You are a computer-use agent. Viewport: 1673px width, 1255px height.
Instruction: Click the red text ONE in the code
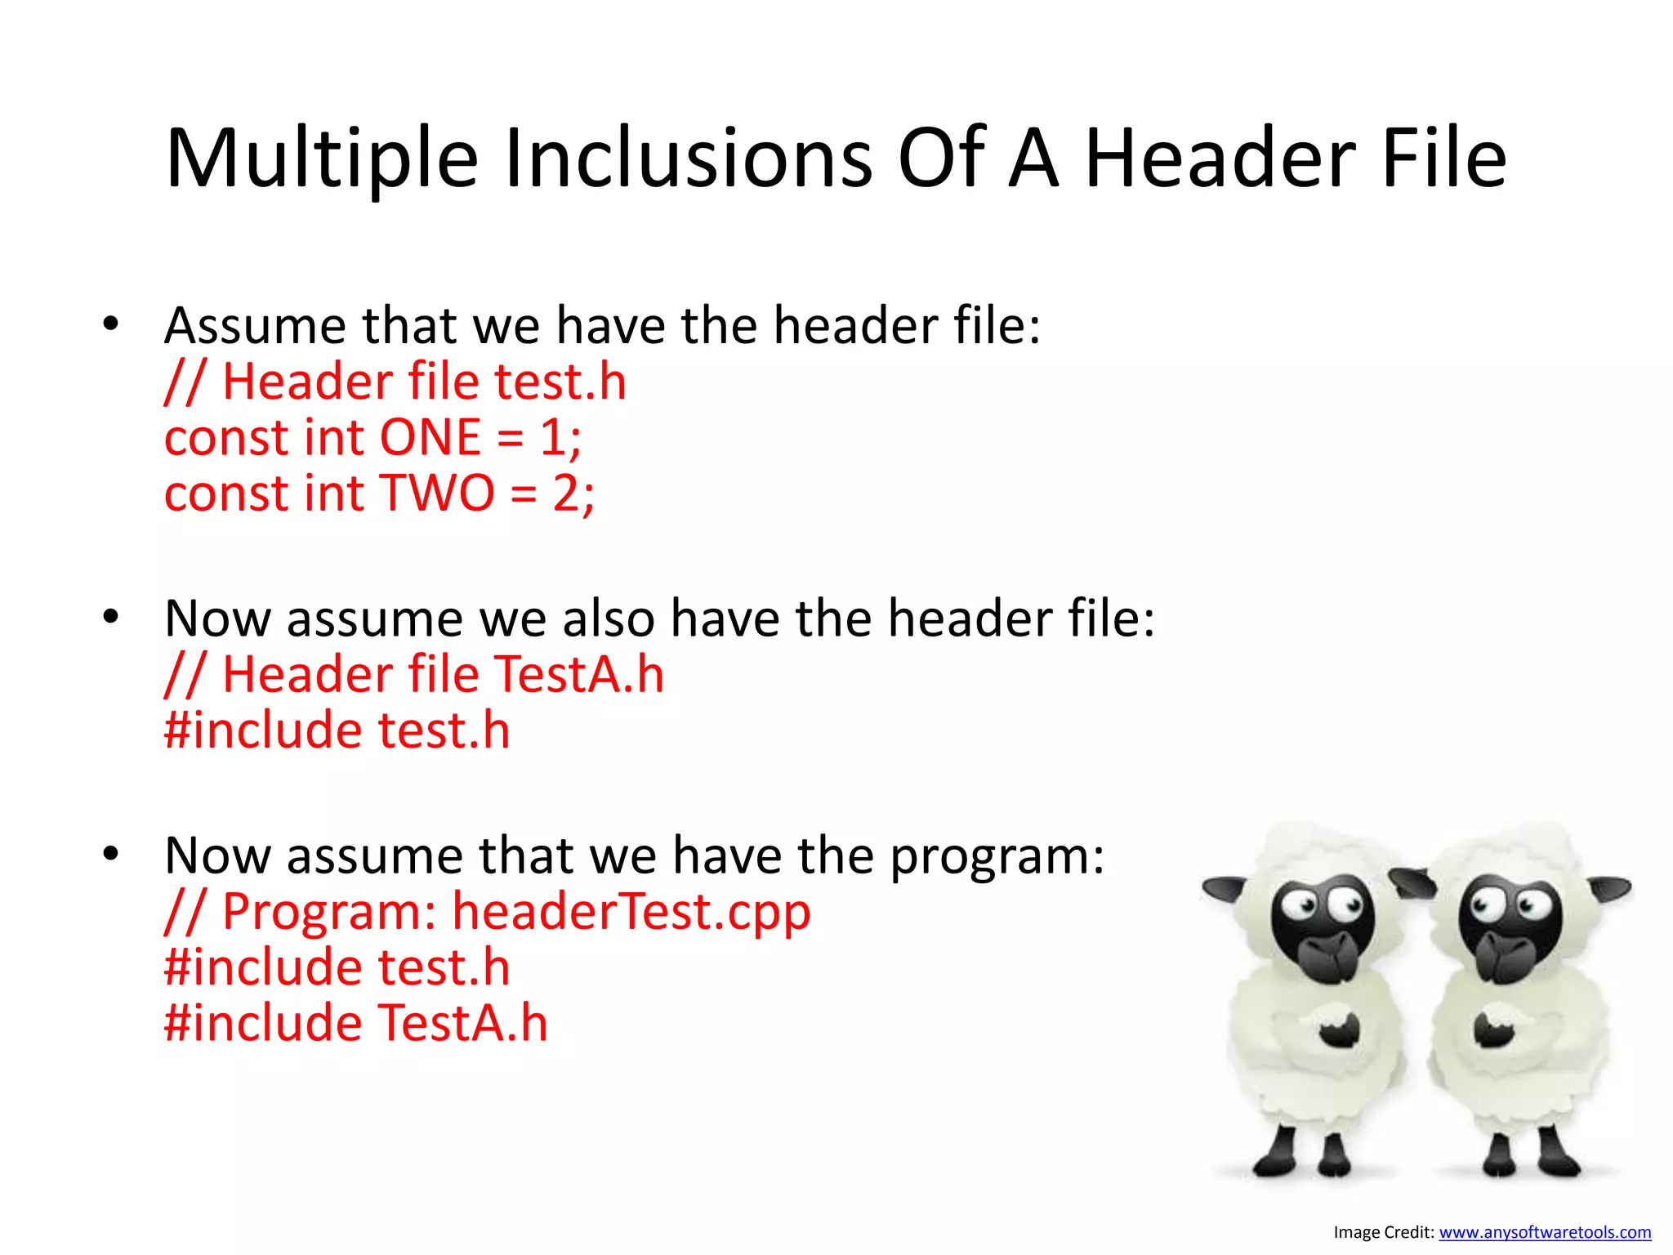click(x=430, y=437)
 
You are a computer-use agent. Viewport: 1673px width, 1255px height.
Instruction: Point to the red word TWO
click(x=438, y=494)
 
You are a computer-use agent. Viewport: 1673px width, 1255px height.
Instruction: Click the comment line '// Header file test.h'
click(x=395, y=382)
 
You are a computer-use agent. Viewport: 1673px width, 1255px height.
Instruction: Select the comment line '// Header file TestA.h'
click(x=414, y=675)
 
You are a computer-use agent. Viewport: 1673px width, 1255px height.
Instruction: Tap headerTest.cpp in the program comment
click(x=631, y=911)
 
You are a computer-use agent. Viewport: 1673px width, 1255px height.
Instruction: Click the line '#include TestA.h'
click(x=355, y=1023)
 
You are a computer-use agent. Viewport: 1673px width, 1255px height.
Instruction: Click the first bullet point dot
click(x=111, y=324)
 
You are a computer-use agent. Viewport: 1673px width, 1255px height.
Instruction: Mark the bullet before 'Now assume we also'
click(x=111, y=617)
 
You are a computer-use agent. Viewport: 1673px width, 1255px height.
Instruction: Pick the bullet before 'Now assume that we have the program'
click(x=111, y=854)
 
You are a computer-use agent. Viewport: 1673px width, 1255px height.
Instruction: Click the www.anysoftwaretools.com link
click(x=1544, y=1232)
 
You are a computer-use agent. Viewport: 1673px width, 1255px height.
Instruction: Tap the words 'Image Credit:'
click(x=1383, y=1232)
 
